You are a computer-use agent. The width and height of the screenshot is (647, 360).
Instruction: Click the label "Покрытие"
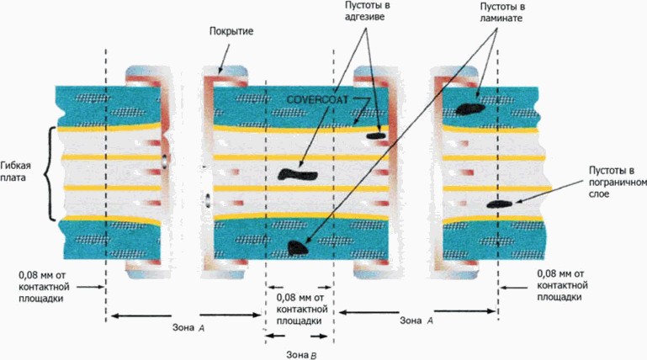(231, 31)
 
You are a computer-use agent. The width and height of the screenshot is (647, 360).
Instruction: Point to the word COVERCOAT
(318, 99)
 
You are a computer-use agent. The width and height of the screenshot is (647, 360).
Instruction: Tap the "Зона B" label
(300, 354)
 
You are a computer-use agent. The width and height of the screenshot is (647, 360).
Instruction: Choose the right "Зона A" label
(416, 320)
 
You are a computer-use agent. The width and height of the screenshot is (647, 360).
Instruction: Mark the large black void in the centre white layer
(296, 174)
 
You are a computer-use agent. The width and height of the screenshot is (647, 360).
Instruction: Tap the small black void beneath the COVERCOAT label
(374, 134)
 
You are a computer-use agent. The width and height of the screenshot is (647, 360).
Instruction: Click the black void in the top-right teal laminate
(469, 107)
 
